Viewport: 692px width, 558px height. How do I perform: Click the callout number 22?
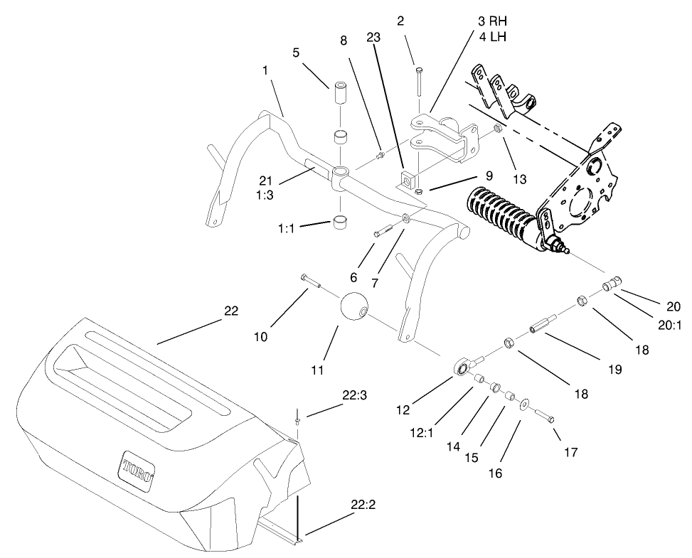click(231, 311)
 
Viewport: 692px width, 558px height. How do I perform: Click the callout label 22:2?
click(363, 507)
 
